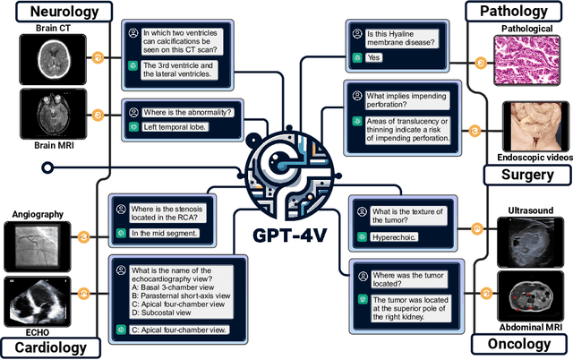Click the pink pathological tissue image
tap(530, 58)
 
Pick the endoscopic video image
tap(535, 124)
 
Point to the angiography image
tap(38, 245)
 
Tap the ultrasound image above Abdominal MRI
tap(534, 241)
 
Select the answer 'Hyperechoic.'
tap(398, 237)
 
